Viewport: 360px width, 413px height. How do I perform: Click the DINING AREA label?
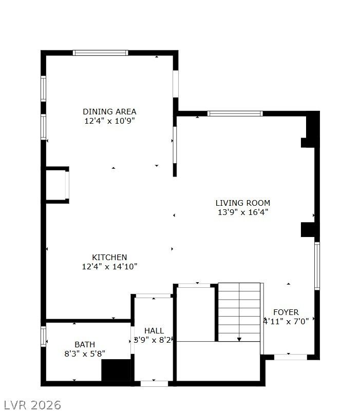click(109, 112)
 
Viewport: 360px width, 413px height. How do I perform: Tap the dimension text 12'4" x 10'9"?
click(109, 121)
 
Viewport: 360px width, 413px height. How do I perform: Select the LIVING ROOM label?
click(243, 203)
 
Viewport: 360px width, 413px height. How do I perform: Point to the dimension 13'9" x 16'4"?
click(243, 212)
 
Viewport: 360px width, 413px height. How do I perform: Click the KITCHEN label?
click(109, 258)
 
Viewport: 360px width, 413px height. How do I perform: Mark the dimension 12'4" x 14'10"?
click(109, 267)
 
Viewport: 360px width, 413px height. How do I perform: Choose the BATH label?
click(85, 345)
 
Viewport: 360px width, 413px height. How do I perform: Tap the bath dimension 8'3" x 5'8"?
click(85, 353)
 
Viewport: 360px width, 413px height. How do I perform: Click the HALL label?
click(154, 331)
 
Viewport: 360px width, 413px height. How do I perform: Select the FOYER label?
click(286, 312)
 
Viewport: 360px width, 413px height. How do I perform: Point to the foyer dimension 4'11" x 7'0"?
click(286, 322)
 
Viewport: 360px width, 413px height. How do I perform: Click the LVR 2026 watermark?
click(32, 405)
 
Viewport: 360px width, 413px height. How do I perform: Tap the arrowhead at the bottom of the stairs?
click(239, 339)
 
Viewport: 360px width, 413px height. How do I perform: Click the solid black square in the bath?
click(116, 370)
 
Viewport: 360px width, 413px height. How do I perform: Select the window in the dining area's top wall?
click(100, 53)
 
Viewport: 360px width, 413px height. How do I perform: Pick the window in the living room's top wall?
click(235, 113)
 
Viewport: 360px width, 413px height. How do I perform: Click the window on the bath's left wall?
click(43, 337)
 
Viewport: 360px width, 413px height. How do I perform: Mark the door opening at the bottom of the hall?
click(154, 384)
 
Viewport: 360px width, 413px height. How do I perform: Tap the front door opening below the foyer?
click(291, 357)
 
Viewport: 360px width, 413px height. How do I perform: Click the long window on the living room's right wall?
click(317, 266)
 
